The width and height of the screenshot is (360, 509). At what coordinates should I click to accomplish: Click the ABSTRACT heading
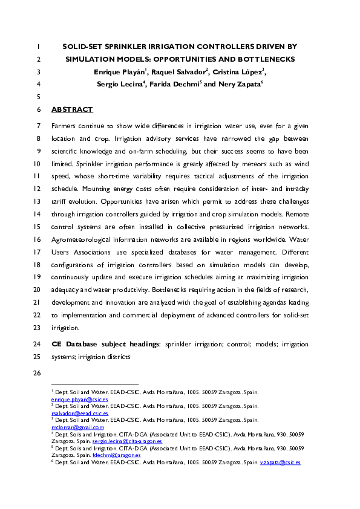point(72,109)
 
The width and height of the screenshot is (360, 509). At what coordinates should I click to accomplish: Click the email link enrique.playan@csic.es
point(79,400)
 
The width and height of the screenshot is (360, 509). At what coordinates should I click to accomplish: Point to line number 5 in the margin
point(38,97)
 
